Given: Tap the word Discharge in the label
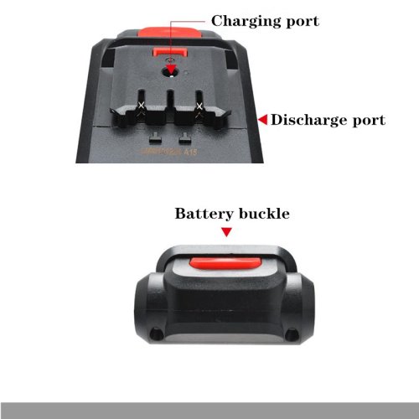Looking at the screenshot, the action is tap(308, 121).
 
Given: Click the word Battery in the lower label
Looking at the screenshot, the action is tap(204, 215).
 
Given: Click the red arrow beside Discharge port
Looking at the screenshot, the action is tap(262, 120).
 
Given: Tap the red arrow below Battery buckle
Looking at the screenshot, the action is tap(226, 232).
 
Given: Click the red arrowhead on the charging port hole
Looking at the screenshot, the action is tap(171, 70).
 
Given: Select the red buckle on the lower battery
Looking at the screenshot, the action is tap(225, 264).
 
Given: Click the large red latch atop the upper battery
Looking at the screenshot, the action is tap(169, 32).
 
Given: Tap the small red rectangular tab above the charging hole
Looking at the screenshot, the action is tap(169, 52).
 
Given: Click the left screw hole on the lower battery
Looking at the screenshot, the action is tap(156, 334).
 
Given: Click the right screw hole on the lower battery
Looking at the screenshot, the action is tap(292, 333).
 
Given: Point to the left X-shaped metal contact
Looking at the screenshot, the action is tap(142, 106).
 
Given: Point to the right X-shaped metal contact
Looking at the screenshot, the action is tap(199, 106).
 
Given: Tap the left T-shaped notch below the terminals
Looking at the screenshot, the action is tap(155, 138).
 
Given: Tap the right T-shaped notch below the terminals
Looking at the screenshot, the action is tap(184, 138).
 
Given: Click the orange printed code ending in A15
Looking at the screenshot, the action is tap(168, 152).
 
